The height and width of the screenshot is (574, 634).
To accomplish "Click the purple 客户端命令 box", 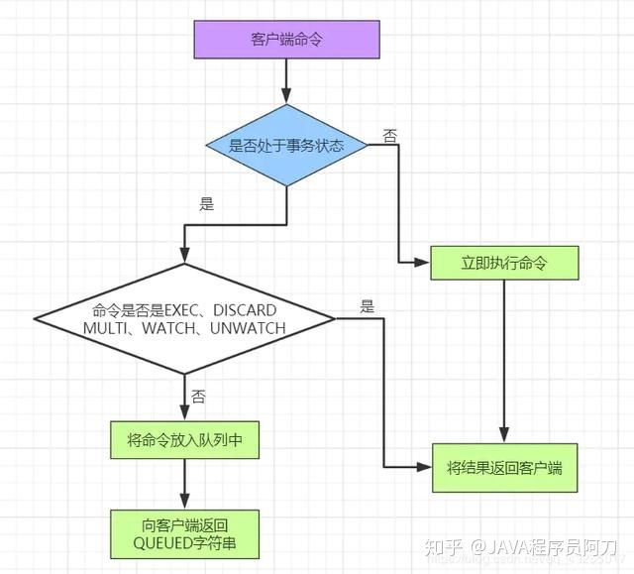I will click(x=286, y=39).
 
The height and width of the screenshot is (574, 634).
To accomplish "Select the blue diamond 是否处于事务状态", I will click(x=286, y=145).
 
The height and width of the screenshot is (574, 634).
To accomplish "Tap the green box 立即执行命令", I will click(x=504, y=263).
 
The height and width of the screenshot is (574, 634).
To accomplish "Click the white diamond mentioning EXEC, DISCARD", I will click(x=185, y=318).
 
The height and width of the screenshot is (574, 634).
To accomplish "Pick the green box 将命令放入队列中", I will click(x=184, y=441).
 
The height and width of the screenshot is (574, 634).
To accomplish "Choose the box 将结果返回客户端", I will click(x=504, y=467).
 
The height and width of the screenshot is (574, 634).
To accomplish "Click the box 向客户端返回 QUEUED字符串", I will click(x=185, y=534).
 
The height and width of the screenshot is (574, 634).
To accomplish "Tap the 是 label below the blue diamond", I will click(x=207, y=204).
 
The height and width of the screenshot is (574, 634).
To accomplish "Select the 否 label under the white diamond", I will click(x=198, y=397).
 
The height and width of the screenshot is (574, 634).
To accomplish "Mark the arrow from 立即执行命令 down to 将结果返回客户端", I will click(x=504, y=357).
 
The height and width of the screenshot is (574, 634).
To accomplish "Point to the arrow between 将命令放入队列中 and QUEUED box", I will click(x=185, y=486).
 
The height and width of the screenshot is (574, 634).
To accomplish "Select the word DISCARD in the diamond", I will click(x=244, y=310).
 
